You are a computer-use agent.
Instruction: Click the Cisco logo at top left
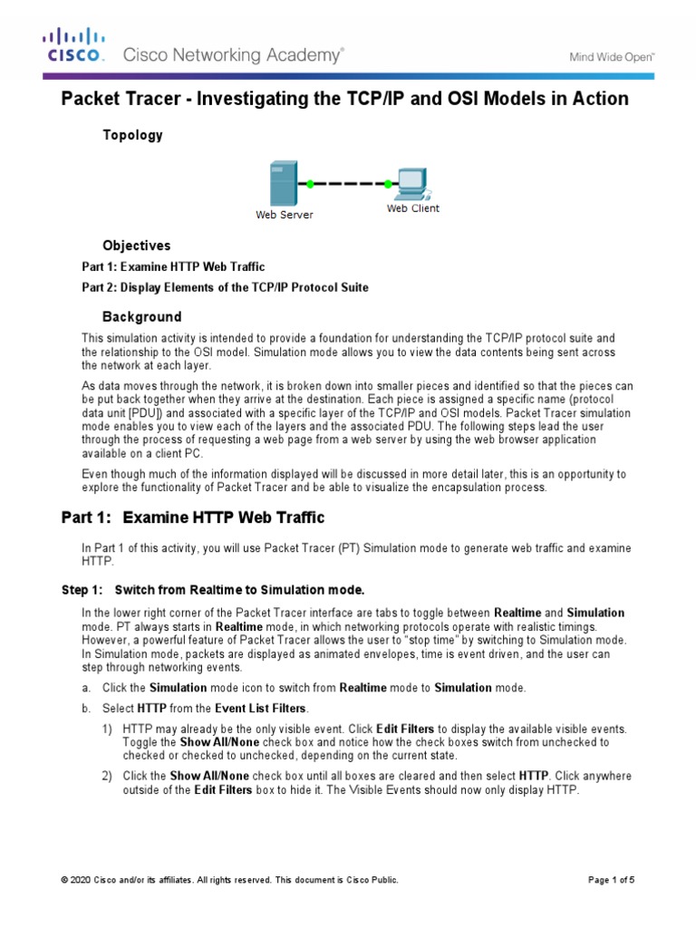75,46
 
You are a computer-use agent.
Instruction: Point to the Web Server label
284,215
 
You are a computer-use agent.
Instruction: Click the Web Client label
412,208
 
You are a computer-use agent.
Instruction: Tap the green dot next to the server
310,184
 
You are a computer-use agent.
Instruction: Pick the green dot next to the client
387,184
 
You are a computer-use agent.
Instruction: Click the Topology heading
132,135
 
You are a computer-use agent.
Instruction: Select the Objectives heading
136,246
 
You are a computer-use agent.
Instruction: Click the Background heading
141,317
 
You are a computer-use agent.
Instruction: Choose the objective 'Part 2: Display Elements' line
225,287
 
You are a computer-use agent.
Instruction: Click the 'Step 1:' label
81,590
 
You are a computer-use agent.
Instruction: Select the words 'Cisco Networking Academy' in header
233,55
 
